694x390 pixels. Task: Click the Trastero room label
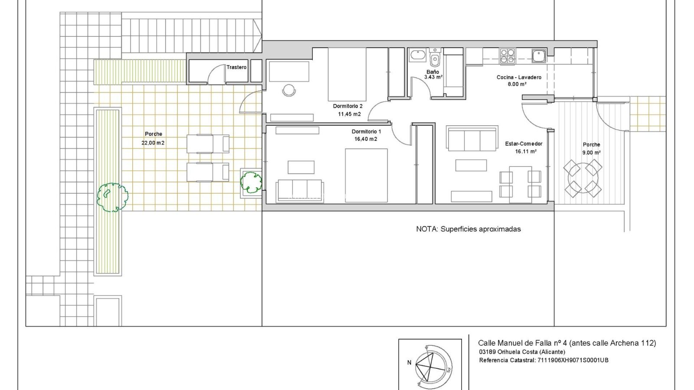(236, 67)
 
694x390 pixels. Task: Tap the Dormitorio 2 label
(348, 106)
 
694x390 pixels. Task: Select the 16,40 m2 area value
(366, 139)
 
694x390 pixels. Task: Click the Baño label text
(432, 72)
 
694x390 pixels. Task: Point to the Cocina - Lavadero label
(519, 77)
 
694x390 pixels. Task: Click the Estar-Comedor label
(524, 144)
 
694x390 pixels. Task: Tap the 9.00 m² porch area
(591, 153)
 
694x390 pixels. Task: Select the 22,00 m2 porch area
(153, 143)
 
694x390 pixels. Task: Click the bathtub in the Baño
(418, 55)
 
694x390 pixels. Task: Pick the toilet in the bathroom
(435, 58)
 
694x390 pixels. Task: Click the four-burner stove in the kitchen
(507, 55)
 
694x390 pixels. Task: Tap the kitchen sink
(539, 55)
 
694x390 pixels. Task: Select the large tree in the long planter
(112, 197)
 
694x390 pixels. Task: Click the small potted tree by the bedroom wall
(251, 182)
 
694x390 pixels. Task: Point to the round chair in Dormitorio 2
(288, 90)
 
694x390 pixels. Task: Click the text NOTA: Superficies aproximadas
(468, 229)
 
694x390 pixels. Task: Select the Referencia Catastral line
(543, 360)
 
